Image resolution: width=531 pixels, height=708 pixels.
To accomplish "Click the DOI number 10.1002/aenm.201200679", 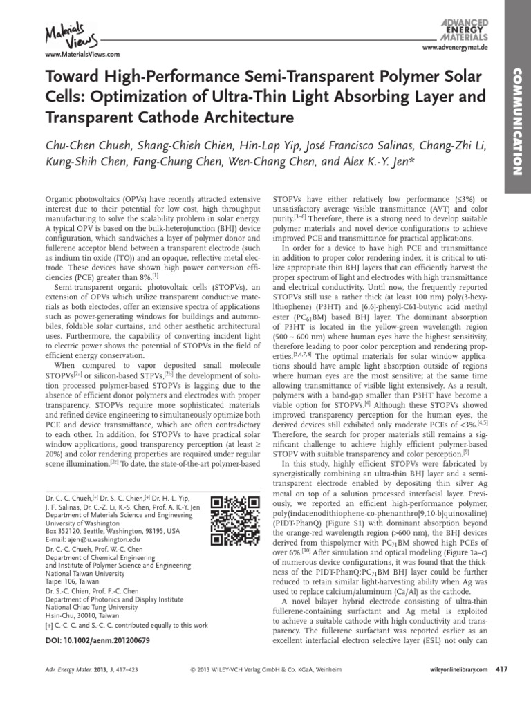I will point(97,641).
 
